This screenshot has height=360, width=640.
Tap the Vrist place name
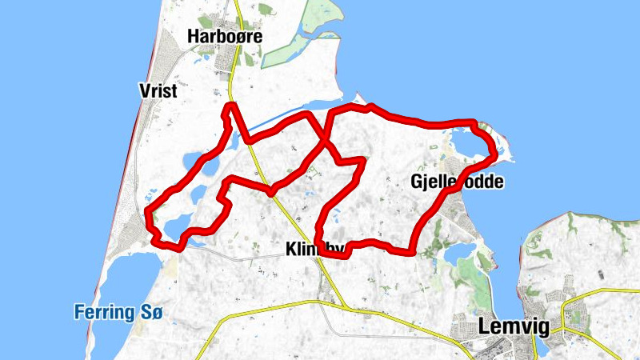[x=157, y=91]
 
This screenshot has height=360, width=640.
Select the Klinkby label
[x=314, y=250]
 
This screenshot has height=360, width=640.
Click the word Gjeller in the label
[x=433, y=182]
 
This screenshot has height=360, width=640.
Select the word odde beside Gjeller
[x=482, y=182]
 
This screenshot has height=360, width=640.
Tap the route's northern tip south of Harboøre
[x=230, y=106]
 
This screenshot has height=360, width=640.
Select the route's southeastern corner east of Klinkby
[x=413, y=252]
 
